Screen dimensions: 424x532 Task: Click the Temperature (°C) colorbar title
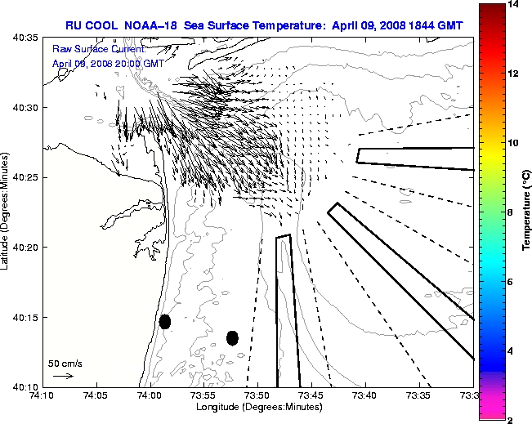click(x=527, y=212)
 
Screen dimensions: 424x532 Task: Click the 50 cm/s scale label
click(x=65, y=364)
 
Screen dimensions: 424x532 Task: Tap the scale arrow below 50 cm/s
click(x=63, y=376)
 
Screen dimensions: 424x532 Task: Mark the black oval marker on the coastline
click(x=165, y=321)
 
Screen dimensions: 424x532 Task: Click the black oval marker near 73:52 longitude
click(x=232, y=337)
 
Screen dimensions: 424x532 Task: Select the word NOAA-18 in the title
click(x=151, y=25)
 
